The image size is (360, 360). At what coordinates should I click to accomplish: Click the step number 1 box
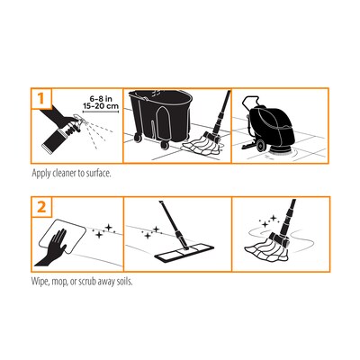click(40, 97)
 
